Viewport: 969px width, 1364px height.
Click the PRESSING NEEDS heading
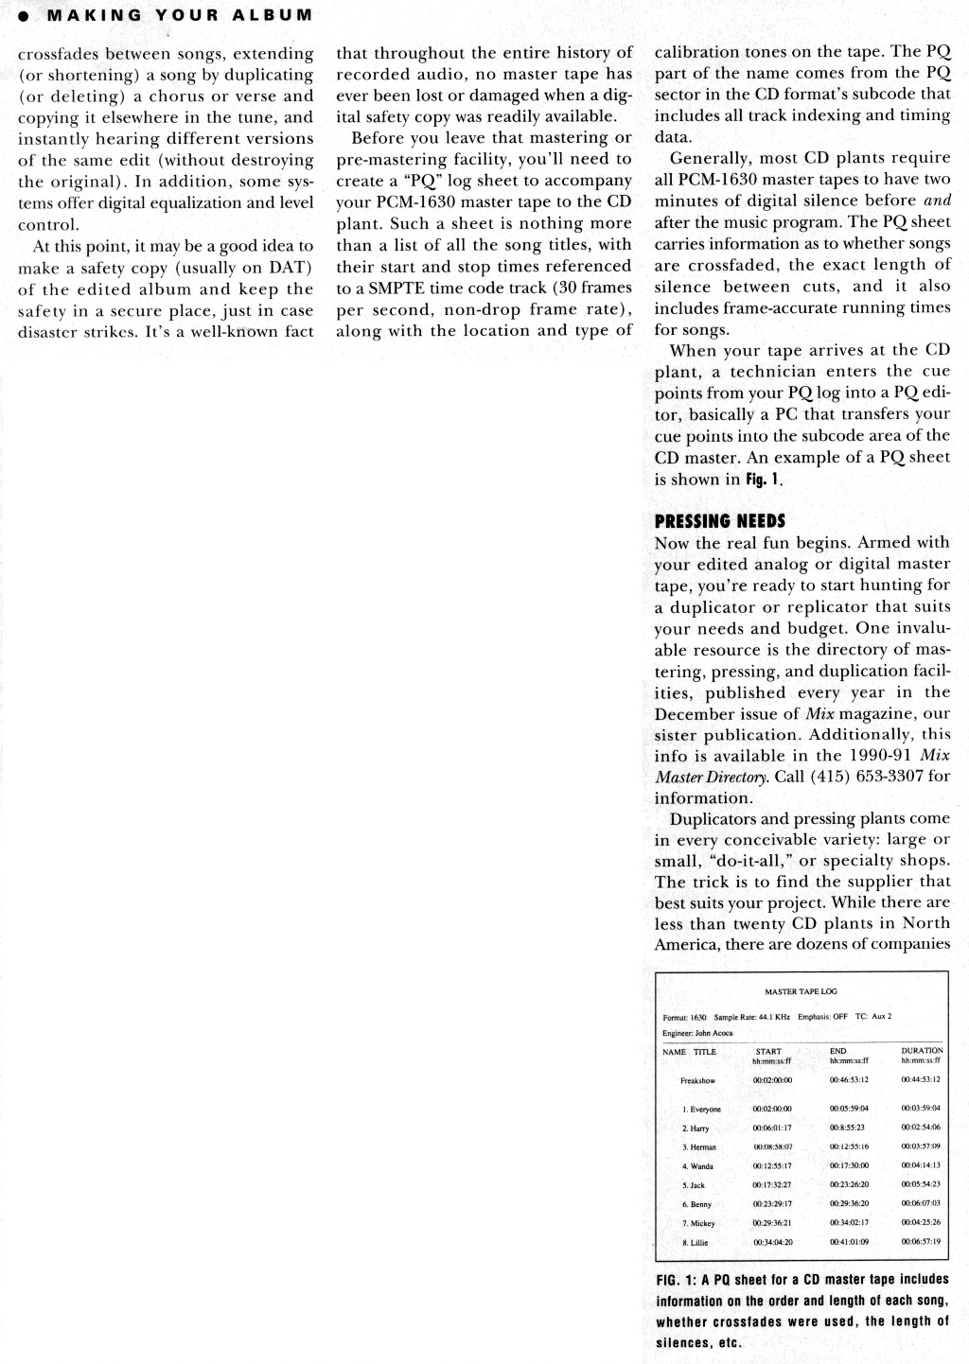click(x=719, y=521)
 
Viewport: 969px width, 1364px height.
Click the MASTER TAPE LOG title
click(x=801, y=991)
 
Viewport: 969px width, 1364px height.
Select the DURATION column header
click(x=922, y=1050)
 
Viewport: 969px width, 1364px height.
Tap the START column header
click(x=768, y=1051)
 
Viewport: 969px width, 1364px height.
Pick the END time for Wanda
click(x=849, y=1166)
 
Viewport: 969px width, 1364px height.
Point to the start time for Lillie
click(x=772, y=1242)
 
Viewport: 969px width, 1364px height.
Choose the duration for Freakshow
click(x=922, y=1079)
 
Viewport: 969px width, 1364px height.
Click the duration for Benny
click(x=922, y=1204)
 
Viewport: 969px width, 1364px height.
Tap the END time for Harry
click(x=847, y=1128)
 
